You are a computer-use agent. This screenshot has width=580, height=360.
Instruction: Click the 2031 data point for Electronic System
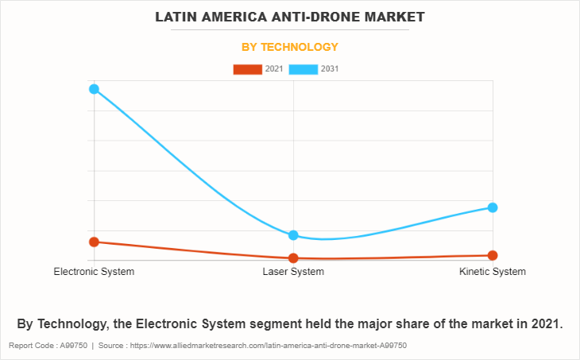(94, 89)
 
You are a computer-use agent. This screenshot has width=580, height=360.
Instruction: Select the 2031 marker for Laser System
(293, 235)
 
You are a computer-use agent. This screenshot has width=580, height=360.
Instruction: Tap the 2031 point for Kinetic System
(493, 207)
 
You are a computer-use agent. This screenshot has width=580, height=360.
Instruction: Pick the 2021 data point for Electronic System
(94, 242)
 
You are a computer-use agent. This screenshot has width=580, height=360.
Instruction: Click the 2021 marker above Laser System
(293, 258)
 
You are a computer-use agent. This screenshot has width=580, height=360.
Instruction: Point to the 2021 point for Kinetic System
(493, 255)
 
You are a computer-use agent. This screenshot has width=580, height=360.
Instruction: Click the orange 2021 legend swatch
(247, 69)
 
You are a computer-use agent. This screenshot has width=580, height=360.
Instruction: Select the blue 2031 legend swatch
(303, 69)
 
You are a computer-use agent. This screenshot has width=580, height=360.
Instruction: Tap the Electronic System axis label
(94, 272)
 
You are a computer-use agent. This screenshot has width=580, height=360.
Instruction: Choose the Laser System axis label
(293, 272)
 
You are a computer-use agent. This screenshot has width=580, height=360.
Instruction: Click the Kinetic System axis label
(493, 272)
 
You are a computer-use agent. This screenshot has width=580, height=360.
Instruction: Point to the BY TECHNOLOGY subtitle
(290, 47)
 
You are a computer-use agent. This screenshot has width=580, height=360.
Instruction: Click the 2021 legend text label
(273, 69)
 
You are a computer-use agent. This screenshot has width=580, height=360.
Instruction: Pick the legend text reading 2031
(330, 69)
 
